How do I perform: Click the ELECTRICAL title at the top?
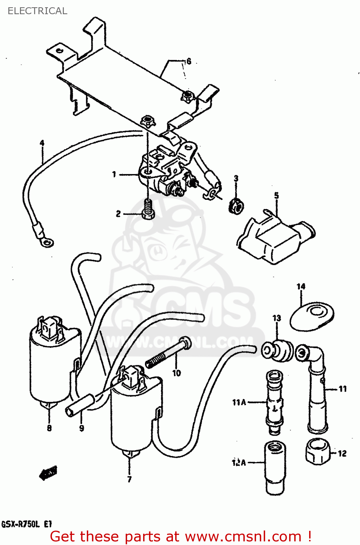pyautogui.click(x=37, y=11)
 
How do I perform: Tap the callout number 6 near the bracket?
pyautogui.click(x=188, y=61)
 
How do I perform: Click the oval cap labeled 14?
pyautogui.click(x=312, y=314)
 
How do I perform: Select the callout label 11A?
pyautogui.click(x=239, y=402)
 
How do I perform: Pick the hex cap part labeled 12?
pyautogui.click(x=318, y=451)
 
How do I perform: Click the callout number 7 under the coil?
pyautogui.click(x=129, y=479)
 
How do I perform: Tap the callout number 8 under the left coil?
pyautogui.click(x=49, y=428)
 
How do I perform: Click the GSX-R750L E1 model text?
pyautogui.click(x=27, y=524)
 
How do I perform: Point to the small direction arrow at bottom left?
pyautogui.click(x=48, y=472)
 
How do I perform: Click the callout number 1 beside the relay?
pyautogui.click(x=114, y=175)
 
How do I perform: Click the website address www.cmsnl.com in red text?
pyautogui.click(x=243, y=536)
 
